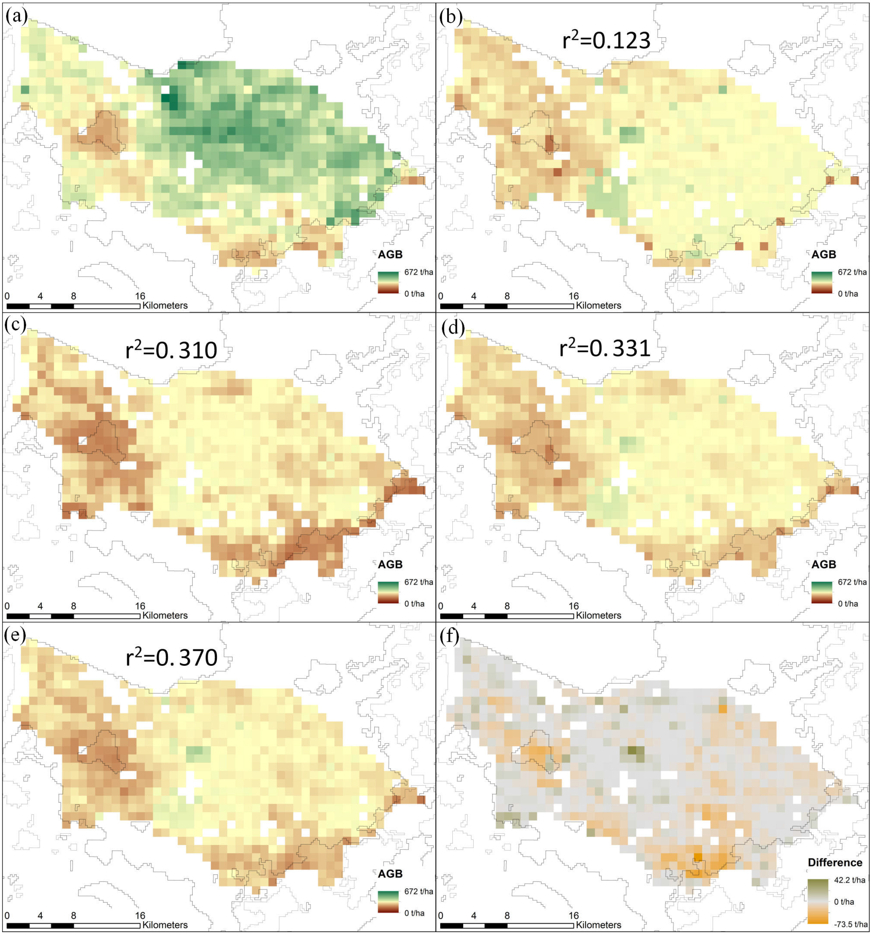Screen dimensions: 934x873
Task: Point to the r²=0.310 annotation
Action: pos(172,350)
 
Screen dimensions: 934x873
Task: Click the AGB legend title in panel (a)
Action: pos(390,254)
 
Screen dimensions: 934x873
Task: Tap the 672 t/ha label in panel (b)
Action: pos(852,272)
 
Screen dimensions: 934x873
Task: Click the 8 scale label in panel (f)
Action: pos(507,915)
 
